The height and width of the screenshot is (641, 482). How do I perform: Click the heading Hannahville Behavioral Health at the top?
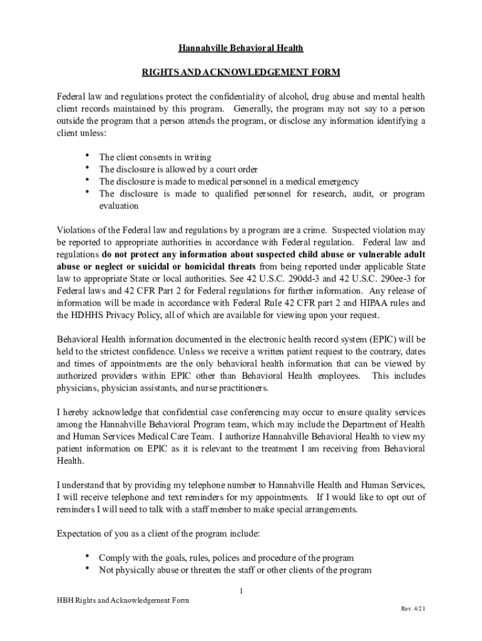coord(241,48)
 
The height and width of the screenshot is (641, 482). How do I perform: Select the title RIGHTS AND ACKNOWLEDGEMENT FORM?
coord(241,73)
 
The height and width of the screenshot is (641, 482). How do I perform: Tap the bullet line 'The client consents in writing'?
coord(155,157)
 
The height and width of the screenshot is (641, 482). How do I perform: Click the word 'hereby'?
coord(77,413)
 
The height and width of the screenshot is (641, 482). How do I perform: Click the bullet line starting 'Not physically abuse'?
coord(235,570)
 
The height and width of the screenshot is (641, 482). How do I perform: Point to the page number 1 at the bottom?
coord(241,592)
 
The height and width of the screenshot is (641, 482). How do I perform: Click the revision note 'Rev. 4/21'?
coord(413,609)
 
